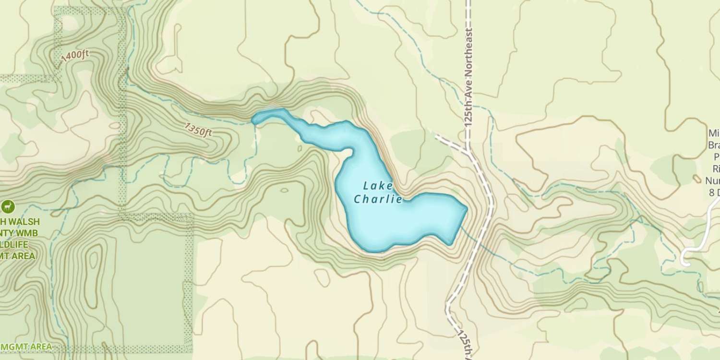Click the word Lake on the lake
(x=378, y=186)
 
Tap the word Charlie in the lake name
(x=378, y=199)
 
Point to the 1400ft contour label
(x=75, y=56)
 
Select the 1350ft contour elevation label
(x=198, y=129)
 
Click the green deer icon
(x=8, y=207)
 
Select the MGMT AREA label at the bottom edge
(x=26, y=347)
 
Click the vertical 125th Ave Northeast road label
(x=469, y=77)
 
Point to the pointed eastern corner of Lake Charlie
(x=466, y=208)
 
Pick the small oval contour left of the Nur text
(x=697, y=179)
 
